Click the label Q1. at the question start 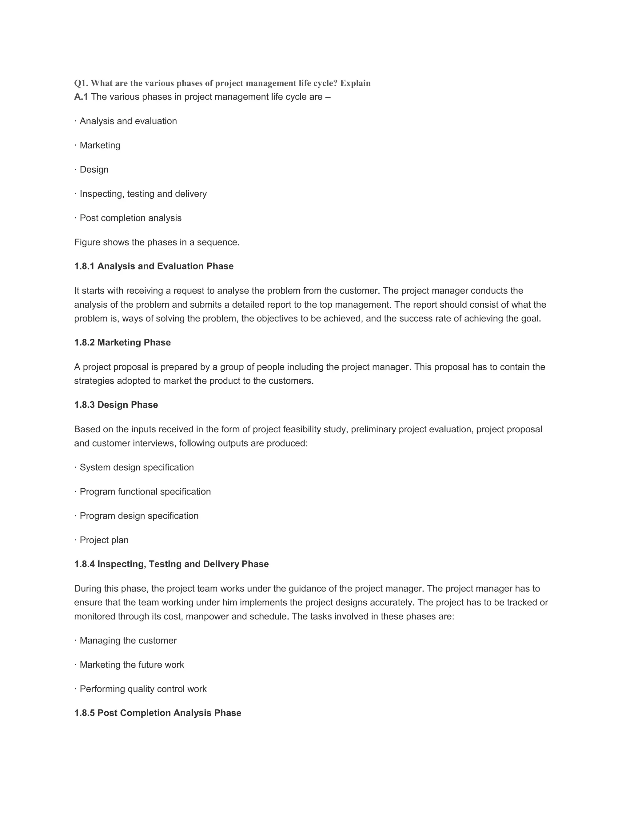pyautogui.click(x=81, y=83)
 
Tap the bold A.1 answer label pyautogui.click(x=81, y=97)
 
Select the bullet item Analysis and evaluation pyautogui.click(x=128, y=121)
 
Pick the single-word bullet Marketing pyautogui.click(x=100, y=145)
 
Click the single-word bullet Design pyautogui.click(x=94, y=170)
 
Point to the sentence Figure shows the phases pyautogui.click(x=157, y=242)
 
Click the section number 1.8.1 pyautogui.click(x=84, y=266)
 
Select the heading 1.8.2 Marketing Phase pyautogui.click(x=122, y=343)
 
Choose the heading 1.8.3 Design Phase pyautogui.click(x=116, y=405)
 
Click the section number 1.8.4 pyautogui.click(x=84, y=564)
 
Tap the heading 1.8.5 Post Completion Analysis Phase pyautogui.click(x=157, y=713)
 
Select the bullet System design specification pyautogui.click(x=137, y=467)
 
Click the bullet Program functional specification pyautogui.click(x=145, y=491)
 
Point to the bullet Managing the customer pyautogui.click(x=128, y=640)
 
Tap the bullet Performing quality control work pyautogui.click(x=143, y=689)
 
